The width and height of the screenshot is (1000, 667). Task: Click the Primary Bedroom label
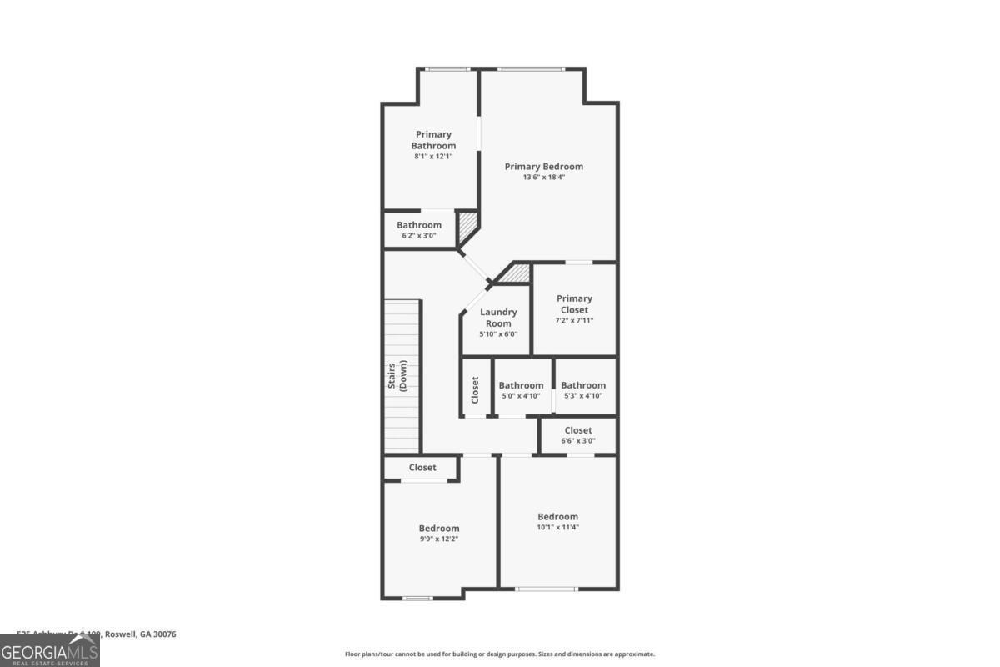pyautogui.click(x=543, y=167)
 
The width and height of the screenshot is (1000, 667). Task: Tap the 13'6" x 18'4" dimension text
pyautogui.click(x=543, y=178)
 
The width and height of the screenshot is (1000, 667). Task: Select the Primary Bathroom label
pyautogui.click(x=433, y=140)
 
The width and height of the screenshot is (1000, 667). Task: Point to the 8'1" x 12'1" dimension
pyautogui.click(x=433, y=157)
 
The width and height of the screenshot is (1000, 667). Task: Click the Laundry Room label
pyautogui.click(x=498, y=318)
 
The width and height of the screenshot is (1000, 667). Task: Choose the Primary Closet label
pyautogui.click(x=574, y=304)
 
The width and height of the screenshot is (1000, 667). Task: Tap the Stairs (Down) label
pyautogui.click(x=397, y=377)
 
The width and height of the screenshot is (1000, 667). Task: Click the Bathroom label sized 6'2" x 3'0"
pyautogui.click(x=419, y=225)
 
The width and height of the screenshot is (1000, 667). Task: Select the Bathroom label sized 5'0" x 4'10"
pyautogui.click(x=521, y=385)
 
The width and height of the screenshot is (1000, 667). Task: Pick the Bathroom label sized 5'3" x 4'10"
pyautogui.click(x=583, y=385)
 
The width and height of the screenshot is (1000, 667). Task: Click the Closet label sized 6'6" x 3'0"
pyautogui.click(x=578, y=430)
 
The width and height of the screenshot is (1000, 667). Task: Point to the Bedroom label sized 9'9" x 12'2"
pyautogui.click(x=439, y=528)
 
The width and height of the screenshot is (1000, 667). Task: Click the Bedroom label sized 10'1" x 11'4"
pyautogui.click(x=557, y=516)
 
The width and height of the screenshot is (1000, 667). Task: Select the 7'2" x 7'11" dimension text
pyautogui.click(x=574, y=321)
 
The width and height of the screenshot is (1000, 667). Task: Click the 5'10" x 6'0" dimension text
pyautogui.click(x=498, y=334)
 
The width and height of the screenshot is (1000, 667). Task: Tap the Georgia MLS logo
pyautogui.click(x=49, y=650)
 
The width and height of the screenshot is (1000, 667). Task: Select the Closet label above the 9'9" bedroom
pyautogui.click(x=422, y=468)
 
